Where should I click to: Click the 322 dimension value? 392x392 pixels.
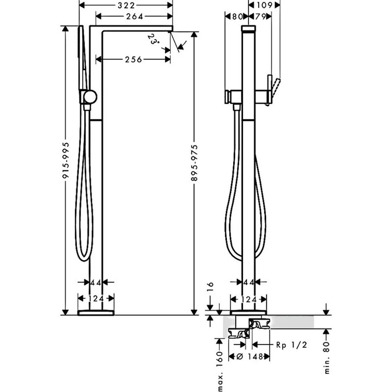[126, 5]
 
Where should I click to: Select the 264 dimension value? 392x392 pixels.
[135, 17]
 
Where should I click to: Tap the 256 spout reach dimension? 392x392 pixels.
[133, 59]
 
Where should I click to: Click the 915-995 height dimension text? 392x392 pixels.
[66, 160]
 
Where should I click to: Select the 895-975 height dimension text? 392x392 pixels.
[194, 162]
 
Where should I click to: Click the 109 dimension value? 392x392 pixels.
[264, 5]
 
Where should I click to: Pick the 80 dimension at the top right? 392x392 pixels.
[237, 17]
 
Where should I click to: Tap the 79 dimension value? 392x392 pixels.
[260, 17]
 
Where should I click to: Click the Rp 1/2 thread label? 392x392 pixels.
[291, 345]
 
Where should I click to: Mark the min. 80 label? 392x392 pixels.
[327, 358]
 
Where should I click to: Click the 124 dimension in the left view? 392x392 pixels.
[96, 298]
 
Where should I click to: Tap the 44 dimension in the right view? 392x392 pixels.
[249, 282]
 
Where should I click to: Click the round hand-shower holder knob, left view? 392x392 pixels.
[90, 97]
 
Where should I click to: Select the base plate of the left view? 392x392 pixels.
[96, 313]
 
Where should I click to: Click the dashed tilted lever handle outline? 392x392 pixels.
[274, 92]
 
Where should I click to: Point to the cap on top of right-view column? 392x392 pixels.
[249, 28]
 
